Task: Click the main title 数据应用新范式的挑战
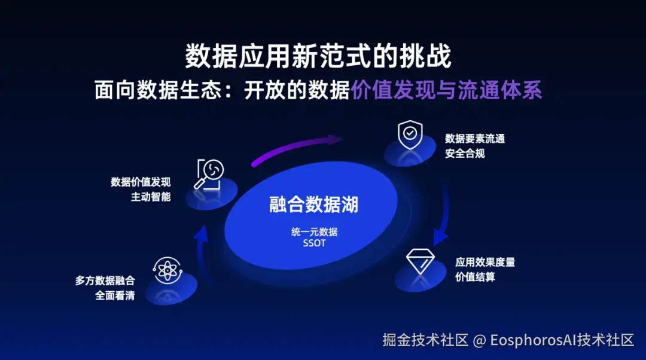point(318,57)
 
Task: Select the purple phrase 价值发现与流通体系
point(446,90)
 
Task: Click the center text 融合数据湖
point(313,205)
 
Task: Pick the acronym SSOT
point(314,243)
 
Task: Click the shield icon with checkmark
point(410,135)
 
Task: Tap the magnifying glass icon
point(209,174)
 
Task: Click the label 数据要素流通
point(475,139)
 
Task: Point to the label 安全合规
point(465,154)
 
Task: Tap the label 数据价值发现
point(141,182)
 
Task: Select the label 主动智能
point(151,197)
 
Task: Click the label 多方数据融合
point(105,280)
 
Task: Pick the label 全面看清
point(115,295)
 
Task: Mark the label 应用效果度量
point(485,262)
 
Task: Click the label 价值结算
point(475,277)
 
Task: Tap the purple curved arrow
point(296,150)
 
